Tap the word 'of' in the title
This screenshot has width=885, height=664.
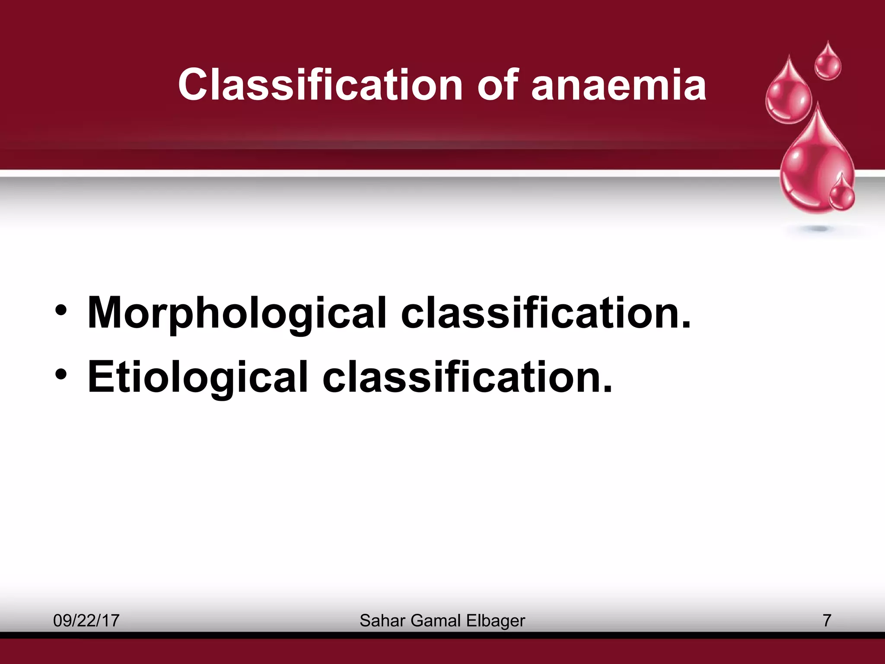click(497, 85)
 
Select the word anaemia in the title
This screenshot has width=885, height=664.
click(618, 86)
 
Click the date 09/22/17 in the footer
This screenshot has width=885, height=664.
click(86, 621)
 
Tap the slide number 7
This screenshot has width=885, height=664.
click(827, 621)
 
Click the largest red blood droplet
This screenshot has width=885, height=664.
click(812, 169)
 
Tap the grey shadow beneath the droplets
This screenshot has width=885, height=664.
click(817, 229)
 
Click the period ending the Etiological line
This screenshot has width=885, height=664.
click(607, 389)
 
